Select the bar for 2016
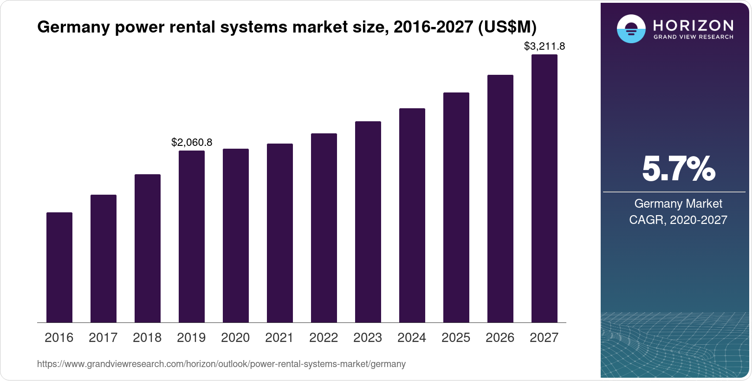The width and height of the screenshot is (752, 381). (59, 267)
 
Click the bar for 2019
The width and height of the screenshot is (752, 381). (192, 236)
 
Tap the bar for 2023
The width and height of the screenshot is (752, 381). (368, 222)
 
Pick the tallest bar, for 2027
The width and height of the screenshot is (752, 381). (545, 188)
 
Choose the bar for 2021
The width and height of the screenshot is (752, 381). (280, 233)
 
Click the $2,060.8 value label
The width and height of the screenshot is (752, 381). (192, 143)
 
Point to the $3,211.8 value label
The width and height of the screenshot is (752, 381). (544, 46)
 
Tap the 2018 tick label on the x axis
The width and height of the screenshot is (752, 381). (147, 338)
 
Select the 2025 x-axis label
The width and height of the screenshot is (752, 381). (456, 338)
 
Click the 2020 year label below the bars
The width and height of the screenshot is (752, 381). (235, 338)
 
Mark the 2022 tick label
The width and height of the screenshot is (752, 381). (324, 338)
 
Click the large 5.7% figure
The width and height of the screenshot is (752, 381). (678, 169)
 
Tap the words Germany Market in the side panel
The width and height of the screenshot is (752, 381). (678, 204)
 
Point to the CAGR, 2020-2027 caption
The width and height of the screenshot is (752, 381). (678, 220)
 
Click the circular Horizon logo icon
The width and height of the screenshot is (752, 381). (631, 29)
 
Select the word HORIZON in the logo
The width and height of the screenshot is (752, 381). (693, 25)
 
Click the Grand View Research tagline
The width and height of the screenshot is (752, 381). (693, 37)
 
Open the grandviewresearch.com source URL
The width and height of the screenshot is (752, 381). (221, 364)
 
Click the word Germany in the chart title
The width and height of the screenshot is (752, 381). (73, 27)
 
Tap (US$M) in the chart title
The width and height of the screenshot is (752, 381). (507, 27)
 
